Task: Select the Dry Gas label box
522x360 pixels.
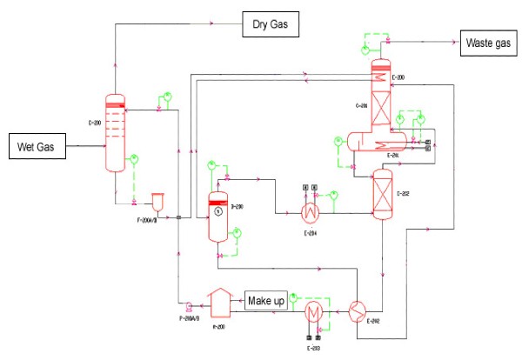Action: [270, 27]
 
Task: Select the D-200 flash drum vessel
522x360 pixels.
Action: [217, 215]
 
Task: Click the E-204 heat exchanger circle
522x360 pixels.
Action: [310, 211]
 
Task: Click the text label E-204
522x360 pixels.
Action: [310, 233]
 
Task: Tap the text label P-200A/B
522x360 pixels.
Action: [188, 319]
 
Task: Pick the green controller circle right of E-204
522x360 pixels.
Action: [334, 193]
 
